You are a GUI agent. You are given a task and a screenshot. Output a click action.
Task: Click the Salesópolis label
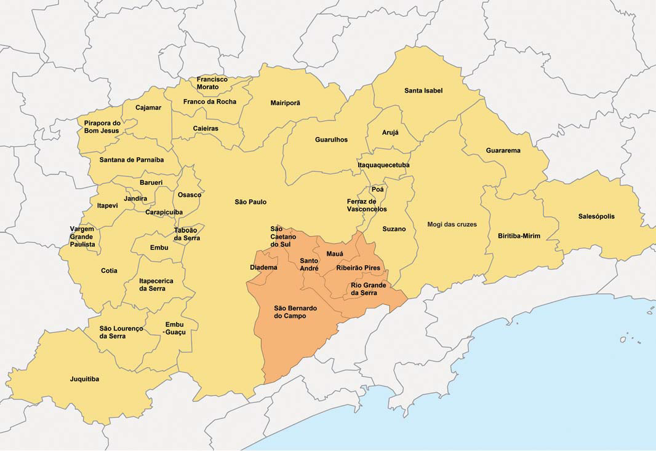[x=596, y=216]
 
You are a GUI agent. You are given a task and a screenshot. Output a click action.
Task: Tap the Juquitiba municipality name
[x=84, y=379]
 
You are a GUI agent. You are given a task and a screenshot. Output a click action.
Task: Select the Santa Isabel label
[x=423, y=91]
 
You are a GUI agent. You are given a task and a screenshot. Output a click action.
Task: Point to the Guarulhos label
[x=331, y=140]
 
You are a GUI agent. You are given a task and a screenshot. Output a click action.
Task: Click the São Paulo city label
[x=250, y=202]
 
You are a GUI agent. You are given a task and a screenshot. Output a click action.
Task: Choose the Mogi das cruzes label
[x=452, y=224]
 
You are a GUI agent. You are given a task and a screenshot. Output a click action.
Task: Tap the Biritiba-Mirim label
[x=519, y=236]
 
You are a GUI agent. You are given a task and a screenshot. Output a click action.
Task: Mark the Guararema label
[x=503, y=151]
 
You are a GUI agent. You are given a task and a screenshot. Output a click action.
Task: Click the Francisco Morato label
[x=212, y=83]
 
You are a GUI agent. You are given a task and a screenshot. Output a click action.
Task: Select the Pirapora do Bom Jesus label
[x=102, y=127]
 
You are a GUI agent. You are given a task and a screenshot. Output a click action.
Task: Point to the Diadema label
[x=263, y=267]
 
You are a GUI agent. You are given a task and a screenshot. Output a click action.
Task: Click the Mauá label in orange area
[x=335, y=254]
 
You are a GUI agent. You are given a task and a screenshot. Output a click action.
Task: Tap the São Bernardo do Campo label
[x=290, y=312]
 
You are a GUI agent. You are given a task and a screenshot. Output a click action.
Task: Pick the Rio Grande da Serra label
[x=368, y=289]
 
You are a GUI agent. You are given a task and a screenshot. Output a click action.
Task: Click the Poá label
[x=377, y=189]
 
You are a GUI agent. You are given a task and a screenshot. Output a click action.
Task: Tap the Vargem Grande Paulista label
[x=82, y=237]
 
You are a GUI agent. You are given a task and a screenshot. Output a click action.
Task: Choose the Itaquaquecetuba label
[x=383, y=165]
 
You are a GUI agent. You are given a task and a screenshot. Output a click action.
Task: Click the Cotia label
[x=109, y=271]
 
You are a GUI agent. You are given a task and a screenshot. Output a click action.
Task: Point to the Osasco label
[x=190, y=195]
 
